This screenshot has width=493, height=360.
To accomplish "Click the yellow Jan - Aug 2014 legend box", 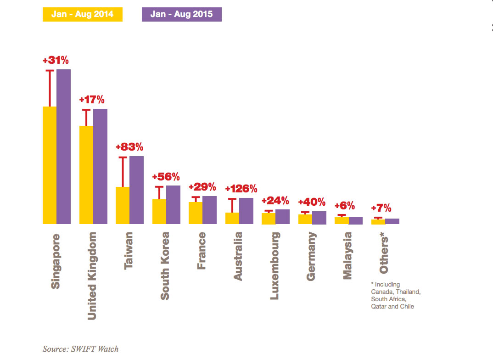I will (x=82, y=14).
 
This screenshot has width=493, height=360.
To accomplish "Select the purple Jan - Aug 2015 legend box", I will (x=181, y=14).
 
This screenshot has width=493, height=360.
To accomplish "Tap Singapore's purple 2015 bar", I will (x=63, y=146).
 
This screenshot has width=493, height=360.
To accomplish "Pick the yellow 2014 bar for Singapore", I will (x=50, y=165).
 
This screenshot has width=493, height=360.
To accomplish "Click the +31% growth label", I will (x=56, y=60).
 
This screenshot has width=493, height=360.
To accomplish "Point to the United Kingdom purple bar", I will (x=100, y=166).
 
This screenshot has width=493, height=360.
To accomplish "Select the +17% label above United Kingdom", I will (x=92, y=100).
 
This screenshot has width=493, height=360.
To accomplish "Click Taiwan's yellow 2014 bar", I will (x=123, y=205).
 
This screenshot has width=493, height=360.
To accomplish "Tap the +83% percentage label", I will (x=129, y=147).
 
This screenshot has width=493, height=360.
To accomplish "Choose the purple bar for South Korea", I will (x=173, y=205).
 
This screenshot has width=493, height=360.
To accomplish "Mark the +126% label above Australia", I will (x=241, y=189).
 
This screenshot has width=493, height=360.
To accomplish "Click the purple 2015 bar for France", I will (x=209, y=210).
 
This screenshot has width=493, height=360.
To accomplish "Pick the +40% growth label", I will (x=312, y=202).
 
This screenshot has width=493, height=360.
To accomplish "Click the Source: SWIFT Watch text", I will (x=80, y=349).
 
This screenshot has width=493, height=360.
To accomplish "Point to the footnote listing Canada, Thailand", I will (x=396, y=295).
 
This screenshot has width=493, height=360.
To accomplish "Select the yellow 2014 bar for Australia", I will (x=232, y=218).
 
